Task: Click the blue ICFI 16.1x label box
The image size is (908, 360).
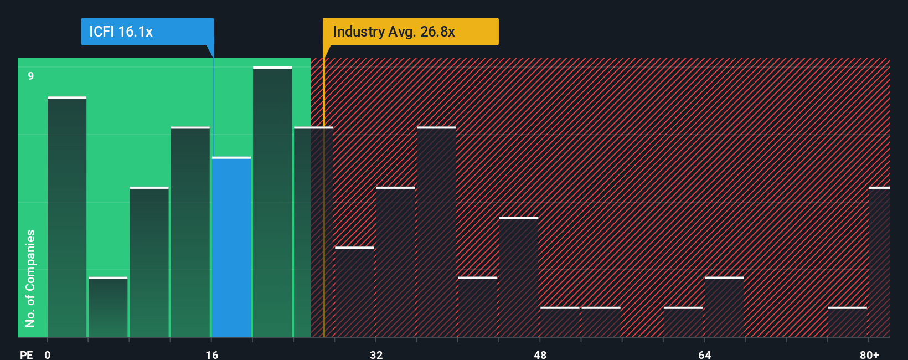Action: [x=147, y=32]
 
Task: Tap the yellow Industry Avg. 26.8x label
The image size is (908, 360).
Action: [x=410, y=32]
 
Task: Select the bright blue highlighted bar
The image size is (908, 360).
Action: [x=231, y=247]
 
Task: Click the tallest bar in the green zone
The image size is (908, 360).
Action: [x=272, y=202]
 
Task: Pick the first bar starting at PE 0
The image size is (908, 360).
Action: [x=67, y=217]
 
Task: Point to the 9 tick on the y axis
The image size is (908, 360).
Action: [x=31, y=76]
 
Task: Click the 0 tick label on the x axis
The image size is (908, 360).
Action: [x=48, y=354]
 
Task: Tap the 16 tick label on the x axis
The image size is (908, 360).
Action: [x=212, y=354]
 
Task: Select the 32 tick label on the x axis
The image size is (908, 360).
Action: [x=376, y=354]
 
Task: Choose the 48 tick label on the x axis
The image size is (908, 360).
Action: [x=540, y=354]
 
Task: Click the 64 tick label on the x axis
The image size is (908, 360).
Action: [x=704, y=354]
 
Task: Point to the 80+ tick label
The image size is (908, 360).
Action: [x=869, y=354]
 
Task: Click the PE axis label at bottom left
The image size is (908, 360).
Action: [x=27, y=354]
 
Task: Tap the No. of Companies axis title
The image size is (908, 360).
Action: [x=30, y=278]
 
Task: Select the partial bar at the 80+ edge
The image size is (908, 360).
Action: [x=879, y=262]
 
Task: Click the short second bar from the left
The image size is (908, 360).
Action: [x=108, y=307]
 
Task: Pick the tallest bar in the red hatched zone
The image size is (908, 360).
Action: [x=437, y=232]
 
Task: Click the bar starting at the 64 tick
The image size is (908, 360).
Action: [x=724, y=307]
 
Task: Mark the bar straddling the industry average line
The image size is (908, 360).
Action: [x=313, y=232]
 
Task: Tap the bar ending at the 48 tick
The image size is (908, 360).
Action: [x=519, y=277]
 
